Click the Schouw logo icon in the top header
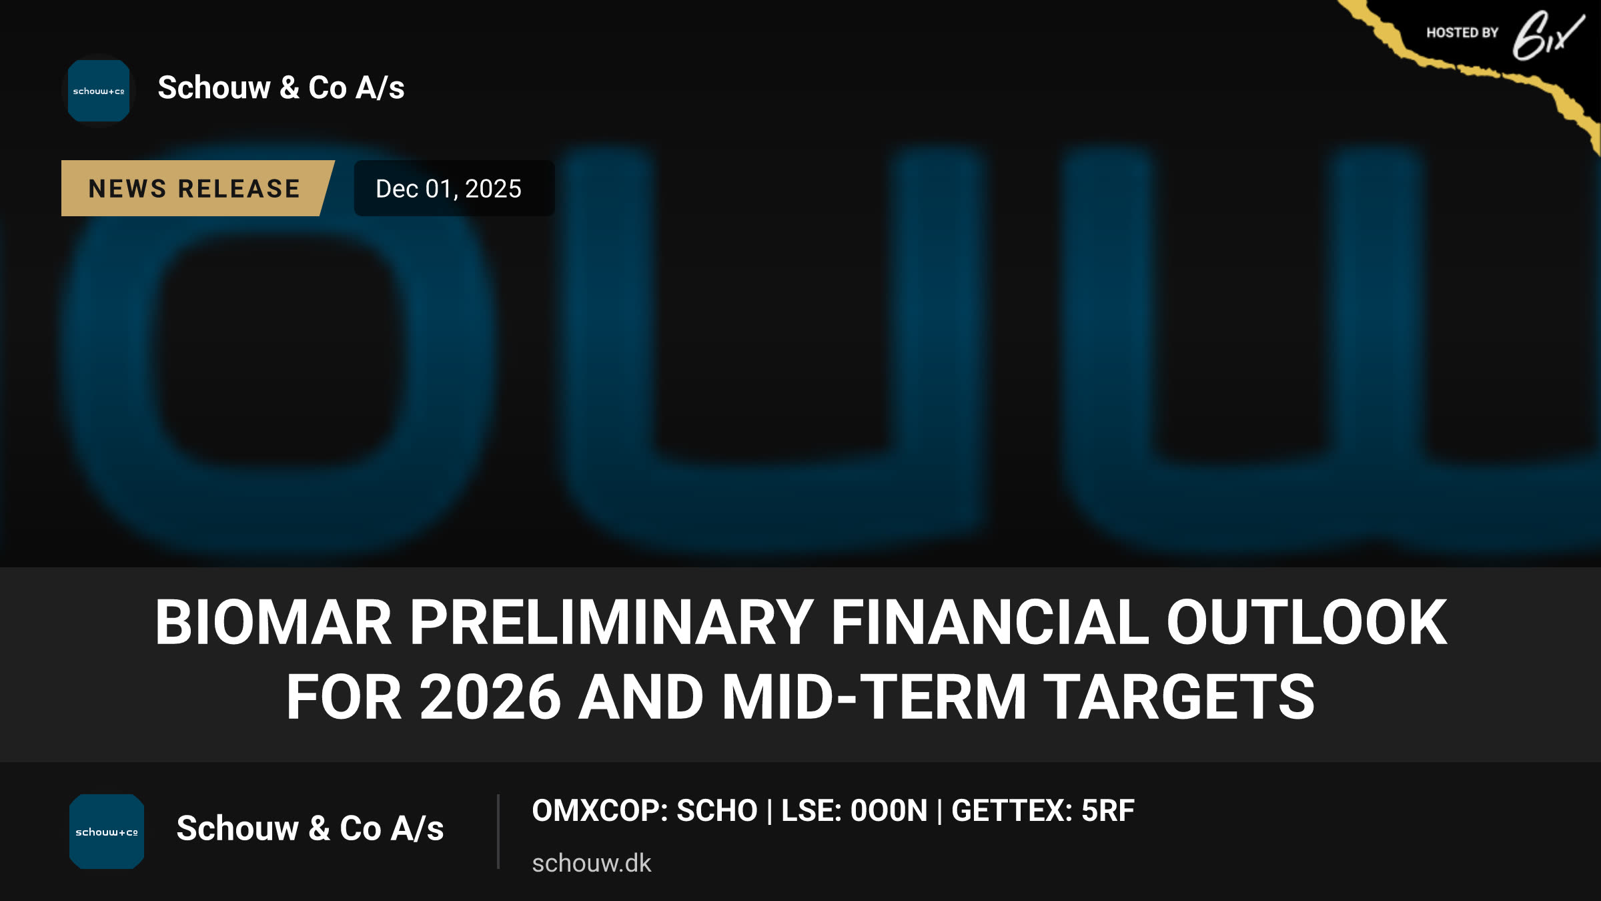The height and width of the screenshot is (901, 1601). (99, 91)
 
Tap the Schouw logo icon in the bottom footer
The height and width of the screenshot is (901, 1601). (107, 832)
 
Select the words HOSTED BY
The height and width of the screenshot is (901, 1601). (1462, 33)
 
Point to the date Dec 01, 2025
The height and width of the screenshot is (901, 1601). (448, 189)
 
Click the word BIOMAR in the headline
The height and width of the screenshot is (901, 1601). (274, 622)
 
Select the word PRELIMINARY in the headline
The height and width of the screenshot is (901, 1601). (611, 622)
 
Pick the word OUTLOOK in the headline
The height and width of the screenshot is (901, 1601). (1307, 622)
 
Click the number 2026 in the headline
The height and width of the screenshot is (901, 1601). (490, 697)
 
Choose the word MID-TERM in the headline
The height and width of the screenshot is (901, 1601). (874, 697)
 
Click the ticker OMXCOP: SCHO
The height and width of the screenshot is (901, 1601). (644, 811)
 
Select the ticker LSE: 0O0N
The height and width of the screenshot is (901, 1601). (855, 811)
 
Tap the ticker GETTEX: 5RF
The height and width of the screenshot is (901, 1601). (1043, 811)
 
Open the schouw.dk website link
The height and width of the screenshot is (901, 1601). (591, 863)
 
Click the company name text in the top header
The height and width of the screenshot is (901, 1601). (281, 87)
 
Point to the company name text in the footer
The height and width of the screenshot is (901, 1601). (310, 828)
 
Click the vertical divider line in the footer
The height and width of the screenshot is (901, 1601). (498, 832)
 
